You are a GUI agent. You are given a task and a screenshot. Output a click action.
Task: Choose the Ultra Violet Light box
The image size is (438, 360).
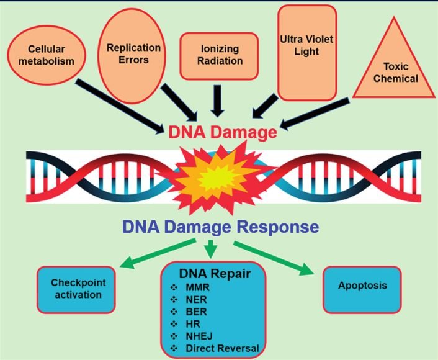coord(307,52)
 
